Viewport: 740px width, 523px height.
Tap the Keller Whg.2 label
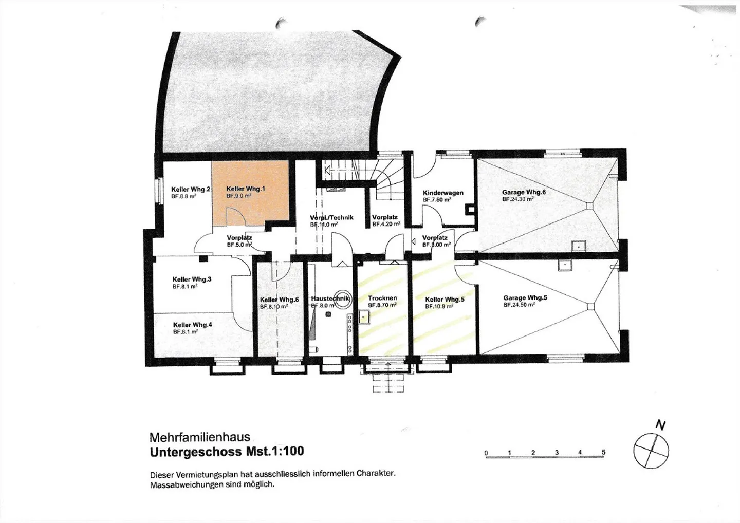[191, 190]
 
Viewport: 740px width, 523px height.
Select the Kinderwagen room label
[443, 193]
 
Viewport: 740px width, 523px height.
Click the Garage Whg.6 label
[524, 192]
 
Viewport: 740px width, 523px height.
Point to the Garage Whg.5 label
[525, 298]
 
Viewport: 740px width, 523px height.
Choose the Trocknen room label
[382, 298]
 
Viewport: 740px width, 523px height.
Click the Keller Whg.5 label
[445, 300]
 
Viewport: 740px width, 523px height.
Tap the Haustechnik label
[330, 298]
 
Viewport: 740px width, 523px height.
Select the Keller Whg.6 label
[279, 300]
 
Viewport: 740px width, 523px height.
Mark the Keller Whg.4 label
[192, 325]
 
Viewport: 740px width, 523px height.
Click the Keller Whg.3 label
[192, 279]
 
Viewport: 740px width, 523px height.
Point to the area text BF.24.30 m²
[518, 199]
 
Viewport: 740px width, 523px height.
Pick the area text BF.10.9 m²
[439, 306]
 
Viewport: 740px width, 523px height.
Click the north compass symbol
[651, 451]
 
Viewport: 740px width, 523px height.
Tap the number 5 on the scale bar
[603, 452]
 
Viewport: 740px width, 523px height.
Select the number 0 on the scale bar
[486, 453]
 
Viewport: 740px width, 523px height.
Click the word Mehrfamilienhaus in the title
[200, 438]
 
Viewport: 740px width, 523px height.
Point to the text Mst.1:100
[275, 451]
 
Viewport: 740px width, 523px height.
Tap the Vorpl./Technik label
[331, 218]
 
